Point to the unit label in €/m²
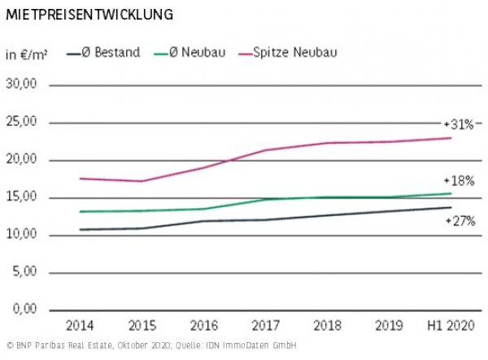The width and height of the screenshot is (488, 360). (x=27, y=54)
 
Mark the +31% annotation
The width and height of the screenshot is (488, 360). (x=459, y=124)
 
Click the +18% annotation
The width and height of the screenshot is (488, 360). (x=459, y=180)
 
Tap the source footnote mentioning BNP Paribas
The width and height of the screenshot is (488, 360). (x=150, y=346)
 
